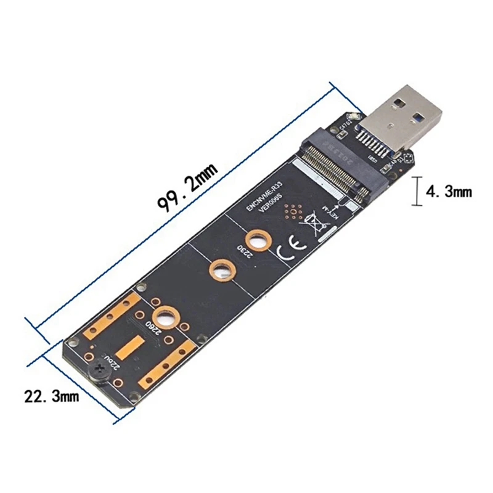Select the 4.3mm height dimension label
449,192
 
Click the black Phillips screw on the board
100,373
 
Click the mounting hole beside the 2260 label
165,319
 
